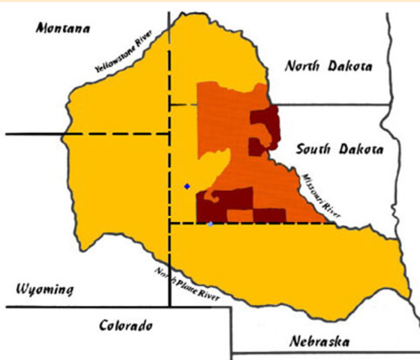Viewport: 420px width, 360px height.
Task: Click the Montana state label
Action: click(62, 29)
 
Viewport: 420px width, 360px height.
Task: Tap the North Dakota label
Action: click(328, 66)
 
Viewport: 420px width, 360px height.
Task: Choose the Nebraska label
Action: click(319, 341)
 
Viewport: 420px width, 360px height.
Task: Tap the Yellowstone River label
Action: click(124, 52)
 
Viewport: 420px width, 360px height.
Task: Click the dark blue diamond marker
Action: click(187, 186)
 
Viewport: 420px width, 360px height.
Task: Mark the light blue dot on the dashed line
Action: click(210, 224)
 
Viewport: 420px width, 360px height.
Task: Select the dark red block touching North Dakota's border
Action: click(264, 119)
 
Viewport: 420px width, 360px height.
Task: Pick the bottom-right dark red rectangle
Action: click(270, 215)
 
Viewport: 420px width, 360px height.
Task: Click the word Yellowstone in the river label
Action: click(116, 56)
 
